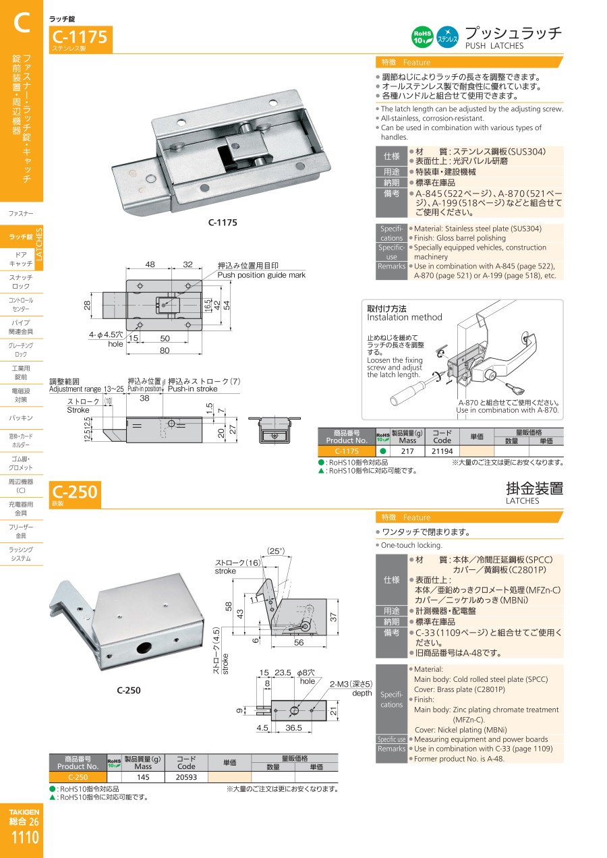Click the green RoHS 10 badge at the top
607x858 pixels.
pos(422,37)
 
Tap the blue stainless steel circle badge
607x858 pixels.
pos(448,37)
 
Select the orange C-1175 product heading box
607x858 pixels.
pos(81,39)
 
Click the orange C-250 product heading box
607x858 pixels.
pos(75,494)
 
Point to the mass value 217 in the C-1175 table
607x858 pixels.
pos(407,451)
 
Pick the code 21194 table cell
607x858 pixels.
pos(442,451)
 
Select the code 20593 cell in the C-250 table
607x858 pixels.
pos(186,777)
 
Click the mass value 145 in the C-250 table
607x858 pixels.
pos(143,777)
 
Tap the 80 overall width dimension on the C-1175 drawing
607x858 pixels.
pos(165,351)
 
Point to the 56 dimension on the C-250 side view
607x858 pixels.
pos(299,642)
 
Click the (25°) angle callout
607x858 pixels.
pos(276,551)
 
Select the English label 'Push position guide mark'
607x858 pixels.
pos(262,275)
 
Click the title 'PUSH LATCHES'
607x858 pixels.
pos(494,46)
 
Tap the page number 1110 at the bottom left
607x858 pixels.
pos(25,837)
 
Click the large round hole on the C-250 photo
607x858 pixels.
pos(144,648)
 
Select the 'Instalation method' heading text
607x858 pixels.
pos(405,317)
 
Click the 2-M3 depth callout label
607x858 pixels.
pos(351,688)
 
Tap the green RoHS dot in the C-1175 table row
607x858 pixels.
pos(382,451)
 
